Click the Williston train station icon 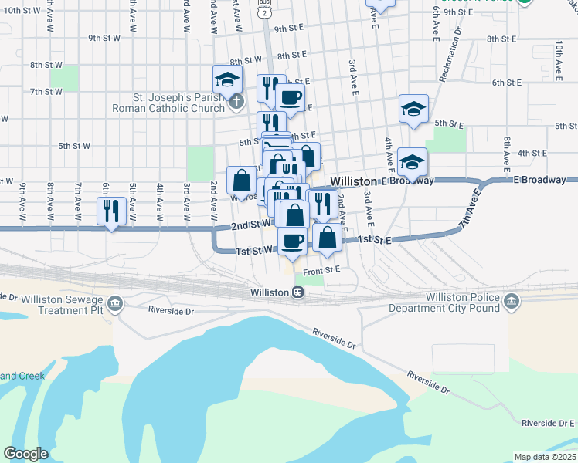297,292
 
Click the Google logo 25,454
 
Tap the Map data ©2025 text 544,457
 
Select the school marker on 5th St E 413,109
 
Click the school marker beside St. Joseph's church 228,79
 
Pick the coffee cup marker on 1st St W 292,240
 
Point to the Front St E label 321,271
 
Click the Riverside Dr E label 548,423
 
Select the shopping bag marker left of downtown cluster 242,181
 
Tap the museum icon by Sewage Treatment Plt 116,303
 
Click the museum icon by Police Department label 510,303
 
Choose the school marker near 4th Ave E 413,162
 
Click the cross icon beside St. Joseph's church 236,100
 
